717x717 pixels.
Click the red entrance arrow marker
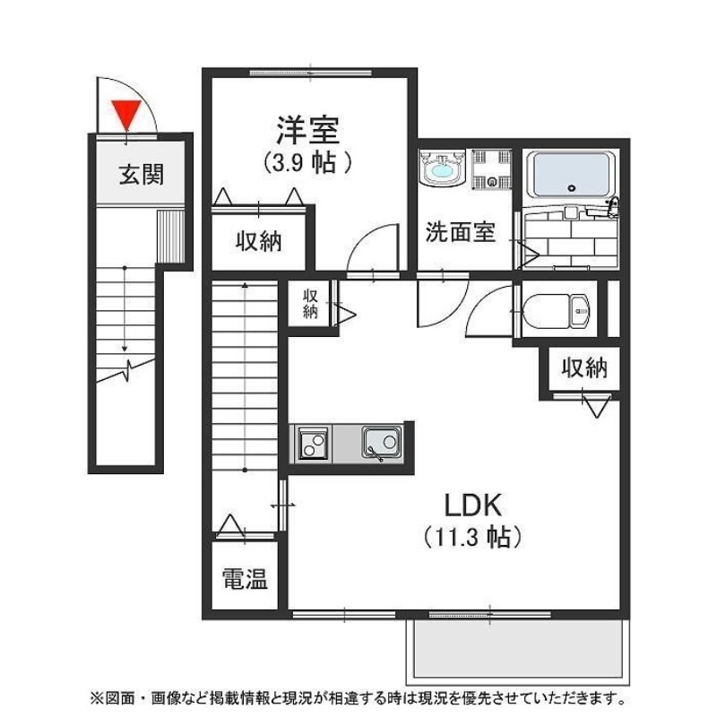point(125,114)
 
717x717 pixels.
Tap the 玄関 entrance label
point(142,174)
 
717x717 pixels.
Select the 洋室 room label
point(307,131)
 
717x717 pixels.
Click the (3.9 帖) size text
point(307,162)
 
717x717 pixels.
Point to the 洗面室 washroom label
point(460,233)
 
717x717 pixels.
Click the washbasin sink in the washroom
point(441,168)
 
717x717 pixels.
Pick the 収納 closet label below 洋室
point(259,241)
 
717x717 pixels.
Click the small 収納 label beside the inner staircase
point(310,304)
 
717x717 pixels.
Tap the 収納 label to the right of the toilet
point(584,367)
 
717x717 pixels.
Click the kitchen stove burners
point(313,443)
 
